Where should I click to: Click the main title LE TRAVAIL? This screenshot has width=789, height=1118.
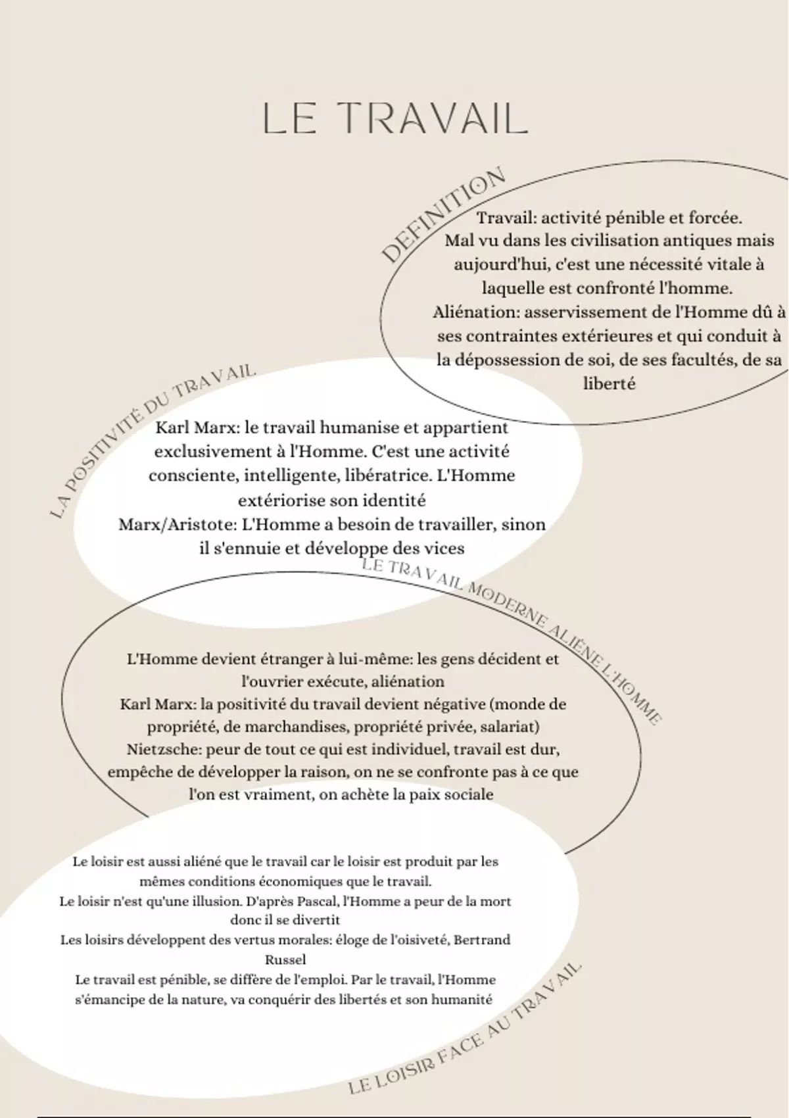click(x=394, y=119)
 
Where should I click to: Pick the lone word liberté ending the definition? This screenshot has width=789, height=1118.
click(x=609, y=384)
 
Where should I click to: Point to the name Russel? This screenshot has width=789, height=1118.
click(x=285, y=960)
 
